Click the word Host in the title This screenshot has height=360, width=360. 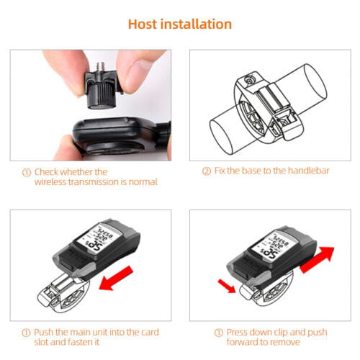143,24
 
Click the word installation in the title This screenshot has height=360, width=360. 197,24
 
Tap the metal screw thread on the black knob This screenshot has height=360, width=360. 101,67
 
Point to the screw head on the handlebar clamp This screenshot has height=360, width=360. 248,79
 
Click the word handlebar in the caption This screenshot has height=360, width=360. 308,171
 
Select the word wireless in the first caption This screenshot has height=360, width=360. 50,182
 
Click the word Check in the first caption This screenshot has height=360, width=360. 46,172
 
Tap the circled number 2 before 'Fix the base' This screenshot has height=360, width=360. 207,171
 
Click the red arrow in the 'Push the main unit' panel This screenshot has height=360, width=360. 116,279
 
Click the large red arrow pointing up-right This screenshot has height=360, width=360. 318,260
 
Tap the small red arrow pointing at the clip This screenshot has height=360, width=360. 227,286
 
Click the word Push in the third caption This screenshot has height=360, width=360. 44,332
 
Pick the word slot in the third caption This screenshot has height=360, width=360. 42,342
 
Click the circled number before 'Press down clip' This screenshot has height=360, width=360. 218,333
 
